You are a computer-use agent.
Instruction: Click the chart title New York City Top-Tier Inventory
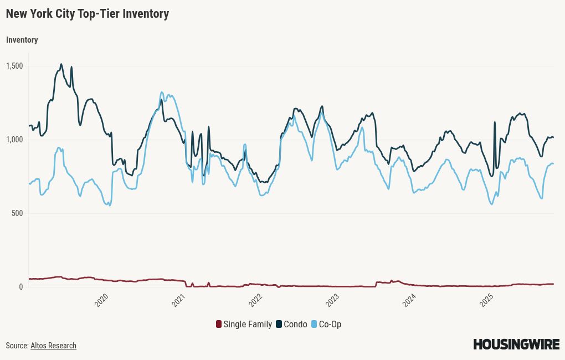[88, 14]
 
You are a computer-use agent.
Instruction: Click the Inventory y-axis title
[22, 40]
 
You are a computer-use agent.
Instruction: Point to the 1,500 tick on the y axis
[14, 66]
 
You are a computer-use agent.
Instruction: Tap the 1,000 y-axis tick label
[14, 140]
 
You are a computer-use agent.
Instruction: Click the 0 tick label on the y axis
[21, 287]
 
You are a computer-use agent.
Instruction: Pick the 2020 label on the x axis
[102, 300]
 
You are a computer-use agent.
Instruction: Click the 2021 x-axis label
[179, 300]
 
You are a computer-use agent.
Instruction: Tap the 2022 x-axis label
[256, 300]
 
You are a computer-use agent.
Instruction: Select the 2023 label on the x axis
[332, 300]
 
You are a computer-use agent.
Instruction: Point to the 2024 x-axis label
[409, 300]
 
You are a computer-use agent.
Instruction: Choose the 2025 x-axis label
[486, 300]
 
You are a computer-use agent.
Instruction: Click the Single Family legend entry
[244, 324]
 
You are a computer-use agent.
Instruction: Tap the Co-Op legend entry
[326, 324]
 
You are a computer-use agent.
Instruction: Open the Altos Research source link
[53, 346]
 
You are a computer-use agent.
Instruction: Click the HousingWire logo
[516, 344]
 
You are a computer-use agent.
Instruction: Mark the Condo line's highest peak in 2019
[61, 64]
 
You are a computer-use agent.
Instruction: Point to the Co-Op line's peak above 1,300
[162, 92]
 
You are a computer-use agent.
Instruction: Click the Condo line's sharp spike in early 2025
[495, 122]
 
